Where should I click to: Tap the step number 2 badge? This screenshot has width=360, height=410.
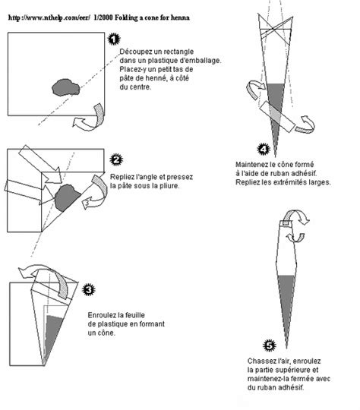116,159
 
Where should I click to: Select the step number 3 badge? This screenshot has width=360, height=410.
89,289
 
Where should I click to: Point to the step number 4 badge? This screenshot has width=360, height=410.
264,149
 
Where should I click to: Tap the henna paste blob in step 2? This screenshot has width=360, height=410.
66,199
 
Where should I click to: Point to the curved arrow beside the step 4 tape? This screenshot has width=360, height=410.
306,122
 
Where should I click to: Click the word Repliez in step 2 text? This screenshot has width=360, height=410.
124,176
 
